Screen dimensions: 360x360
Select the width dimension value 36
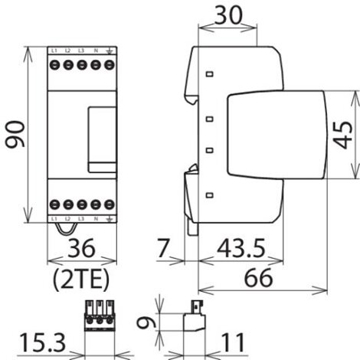tap(81, 249)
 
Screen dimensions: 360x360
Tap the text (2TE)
tap(82, 275)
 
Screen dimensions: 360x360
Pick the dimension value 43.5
tap(239, 248)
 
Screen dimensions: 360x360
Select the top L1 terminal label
tap(55, 51)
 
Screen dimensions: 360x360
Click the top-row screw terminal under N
tap(94, 65)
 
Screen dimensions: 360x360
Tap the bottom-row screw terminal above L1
tap(55, 205)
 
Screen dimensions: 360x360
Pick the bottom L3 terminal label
tap(81, 220)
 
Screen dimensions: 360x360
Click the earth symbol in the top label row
tap(108, 51)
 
